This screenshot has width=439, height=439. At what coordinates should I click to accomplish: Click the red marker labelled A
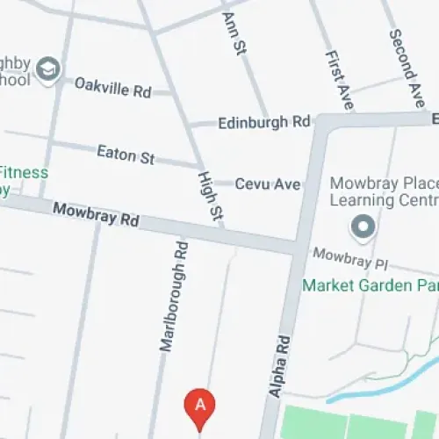click(x=200, y=406)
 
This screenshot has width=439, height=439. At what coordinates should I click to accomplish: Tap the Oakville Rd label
click(x=112, y=87)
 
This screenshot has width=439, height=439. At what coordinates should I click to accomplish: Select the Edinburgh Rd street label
click(x=264, y=121)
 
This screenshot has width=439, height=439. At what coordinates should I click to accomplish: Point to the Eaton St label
click(x=126, y=155)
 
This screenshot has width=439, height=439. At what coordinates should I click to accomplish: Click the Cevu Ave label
click(x=269, y=184)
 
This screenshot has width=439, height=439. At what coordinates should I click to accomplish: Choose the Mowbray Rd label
click(x=96, y=214)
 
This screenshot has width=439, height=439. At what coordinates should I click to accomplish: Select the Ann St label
click(x=233, y=33)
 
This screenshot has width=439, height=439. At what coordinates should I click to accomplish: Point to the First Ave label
click(x=337, y=79)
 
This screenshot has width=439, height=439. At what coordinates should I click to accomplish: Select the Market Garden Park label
click(x=369, y=285)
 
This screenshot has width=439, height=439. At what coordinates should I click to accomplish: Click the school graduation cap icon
click(x=49, y=69)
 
